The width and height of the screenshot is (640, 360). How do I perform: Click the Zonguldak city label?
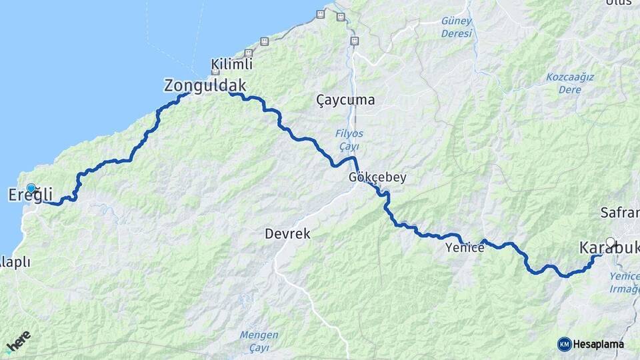205,85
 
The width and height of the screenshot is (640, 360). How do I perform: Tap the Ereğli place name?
30,195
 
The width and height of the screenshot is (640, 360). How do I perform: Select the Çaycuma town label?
345,100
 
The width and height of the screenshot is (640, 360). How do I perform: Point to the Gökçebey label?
377,178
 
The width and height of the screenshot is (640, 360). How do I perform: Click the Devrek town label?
287,234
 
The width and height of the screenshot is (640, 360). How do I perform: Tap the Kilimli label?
231,65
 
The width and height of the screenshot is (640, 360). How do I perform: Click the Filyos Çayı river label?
349,139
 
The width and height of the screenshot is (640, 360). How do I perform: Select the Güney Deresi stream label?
457,27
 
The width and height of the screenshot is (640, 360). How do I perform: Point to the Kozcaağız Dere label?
569,83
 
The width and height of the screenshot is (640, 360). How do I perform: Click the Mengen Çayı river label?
261,341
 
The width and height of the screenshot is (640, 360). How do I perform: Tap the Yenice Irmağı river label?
625,282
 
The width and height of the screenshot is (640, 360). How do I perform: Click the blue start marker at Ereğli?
31,189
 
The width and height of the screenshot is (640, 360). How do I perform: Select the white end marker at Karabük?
610,243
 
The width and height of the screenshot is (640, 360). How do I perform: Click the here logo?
18,341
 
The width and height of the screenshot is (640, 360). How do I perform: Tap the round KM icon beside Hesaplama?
565,344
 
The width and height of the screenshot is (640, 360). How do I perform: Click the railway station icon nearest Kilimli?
249,53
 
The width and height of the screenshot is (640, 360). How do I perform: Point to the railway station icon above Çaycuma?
354,41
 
